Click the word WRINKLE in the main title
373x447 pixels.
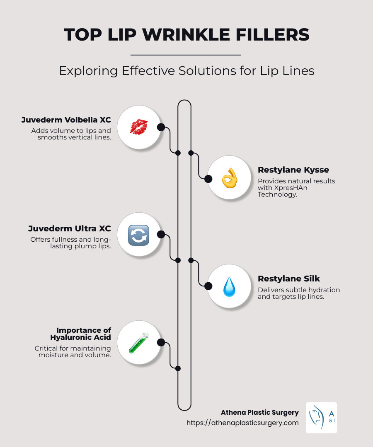(x=187, y=35)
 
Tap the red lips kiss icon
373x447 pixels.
(x=138, y=127)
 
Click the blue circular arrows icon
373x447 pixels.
(x=138, y=235)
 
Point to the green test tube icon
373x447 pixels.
(x=138, y=343)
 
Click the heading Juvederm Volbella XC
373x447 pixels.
(x=66, y=120)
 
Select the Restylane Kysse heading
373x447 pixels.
(x=293, y=170)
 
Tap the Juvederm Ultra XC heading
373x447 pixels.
(x=70, y=228)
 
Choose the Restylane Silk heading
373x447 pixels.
(x=289, y=279)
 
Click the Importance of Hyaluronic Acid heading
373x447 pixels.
(x=84, y=334)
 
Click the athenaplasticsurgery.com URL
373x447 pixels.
(x=242, y=423)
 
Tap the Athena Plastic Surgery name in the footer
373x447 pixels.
(x=260, y=412)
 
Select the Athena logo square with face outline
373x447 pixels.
(x=321, y=418)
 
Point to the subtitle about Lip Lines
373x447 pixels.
(x=186, y=70)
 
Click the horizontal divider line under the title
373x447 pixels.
(x=186, y=55)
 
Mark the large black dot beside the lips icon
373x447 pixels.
(x=161, y=127)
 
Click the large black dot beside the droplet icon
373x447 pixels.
(x=208, y=286)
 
